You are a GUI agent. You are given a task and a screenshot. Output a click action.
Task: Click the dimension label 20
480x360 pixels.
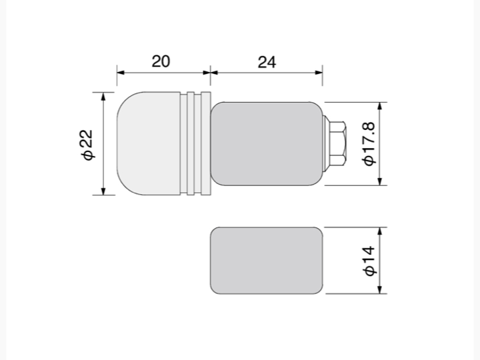(161, 61)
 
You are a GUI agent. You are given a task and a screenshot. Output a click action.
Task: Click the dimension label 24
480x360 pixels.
(267, 62)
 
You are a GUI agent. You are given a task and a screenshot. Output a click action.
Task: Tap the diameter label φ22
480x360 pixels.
(87, 145)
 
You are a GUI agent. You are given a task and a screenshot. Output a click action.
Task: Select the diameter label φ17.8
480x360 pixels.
(369, 143)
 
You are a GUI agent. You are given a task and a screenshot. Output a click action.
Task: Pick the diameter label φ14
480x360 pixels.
(369, 261)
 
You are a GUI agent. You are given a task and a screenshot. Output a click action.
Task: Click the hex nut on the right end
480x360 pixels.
(337, 143)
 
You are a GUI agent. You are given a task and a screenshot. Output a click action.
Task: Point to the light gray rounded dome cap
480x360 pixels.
(149, 143)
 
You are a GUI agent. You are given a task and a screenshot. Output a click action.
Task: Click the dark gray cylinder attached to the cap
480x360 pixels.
(266, 143)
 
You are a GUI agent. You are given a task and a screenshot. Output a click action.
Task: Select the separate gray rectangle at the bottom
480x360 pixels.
(266, 261)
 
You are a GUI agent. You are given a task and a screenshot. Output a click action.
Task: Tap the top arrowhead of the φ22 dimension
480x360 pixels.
(103, 96)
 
